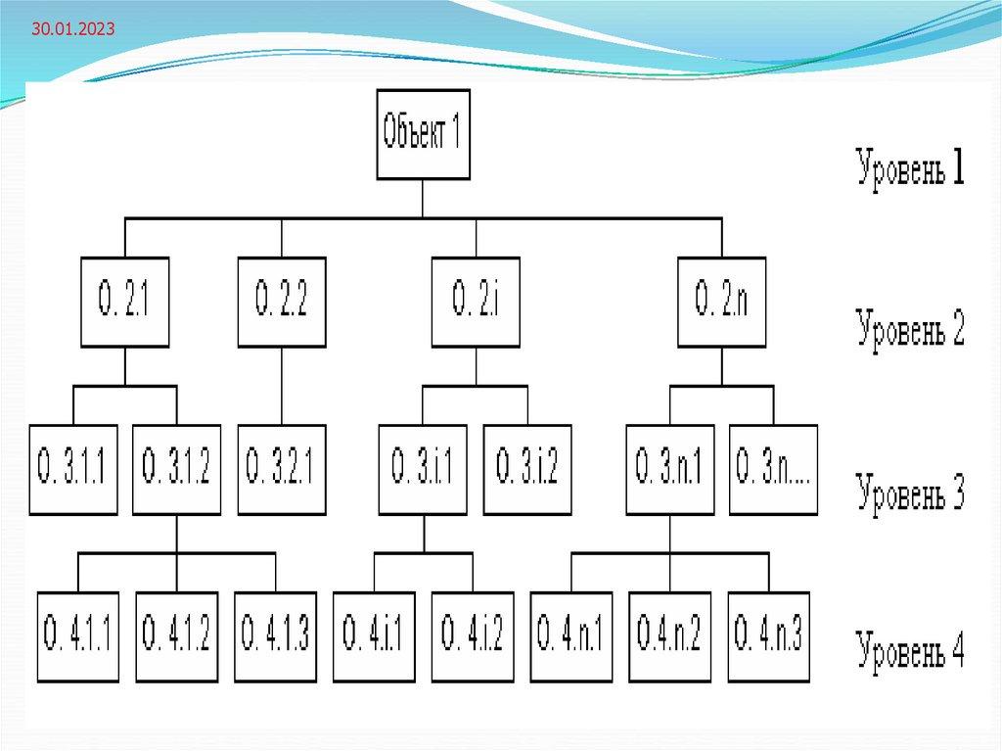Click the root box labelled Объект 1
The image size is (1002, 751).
coord(423,133)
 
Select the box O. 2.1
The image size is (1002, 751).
coord(124,302)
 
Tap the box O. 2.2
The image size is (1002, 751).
coord(282,302)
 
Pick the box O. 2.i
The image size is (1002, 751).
coord(476,302)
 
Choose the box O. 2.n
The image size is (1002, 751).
coord(721,302)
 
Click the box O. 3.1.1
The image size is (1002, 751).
coord(73,470)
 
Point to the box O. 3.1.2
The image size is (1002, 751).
coord(176,470)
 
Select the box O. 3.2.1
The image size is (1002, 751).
coord(282,470)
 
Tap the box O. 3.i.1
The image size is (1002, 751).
coord(423,470)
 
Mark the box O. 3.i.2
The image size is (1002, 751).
coord(526,470)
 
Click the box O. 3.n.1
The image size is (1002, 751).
coord(670,470)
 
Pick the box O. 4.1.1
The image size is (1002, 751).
coord(78,637)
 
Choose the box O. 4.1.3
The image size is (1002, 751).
coord(276,637)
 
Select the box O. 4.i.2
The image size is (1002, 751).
coord(473,637)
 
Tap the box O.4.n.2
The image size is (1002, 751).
coord(670,637)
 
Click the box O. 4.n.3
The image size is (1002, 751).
coord(768,637)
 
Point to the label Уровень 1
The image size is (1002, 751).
coord(910,169)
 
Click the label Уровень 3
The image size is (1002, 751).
coord(910,493)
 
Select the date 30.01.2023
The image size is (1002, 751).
coord(72,30)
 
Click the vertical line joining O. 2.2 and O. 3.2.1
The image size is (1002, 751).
coord(282,386)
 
